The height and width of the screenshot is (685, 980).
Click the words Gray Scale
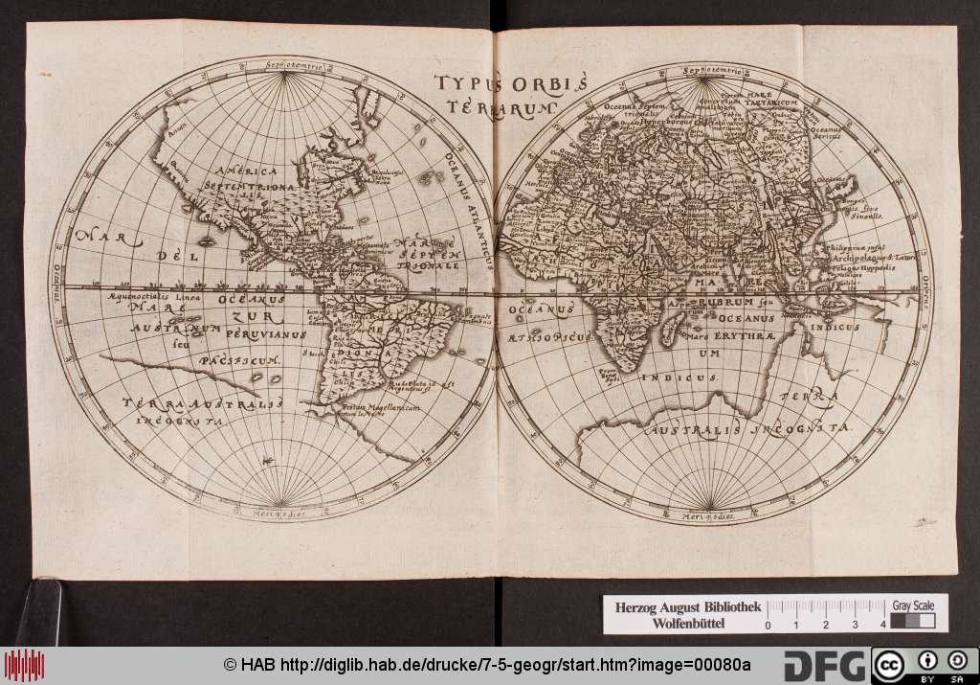(x=912, y=606)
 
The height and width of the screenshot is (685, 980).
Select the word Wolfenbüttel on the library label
(x=683, y=625)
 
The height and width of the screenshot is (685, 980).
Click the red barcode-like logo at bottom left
(x=24, y=665)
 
